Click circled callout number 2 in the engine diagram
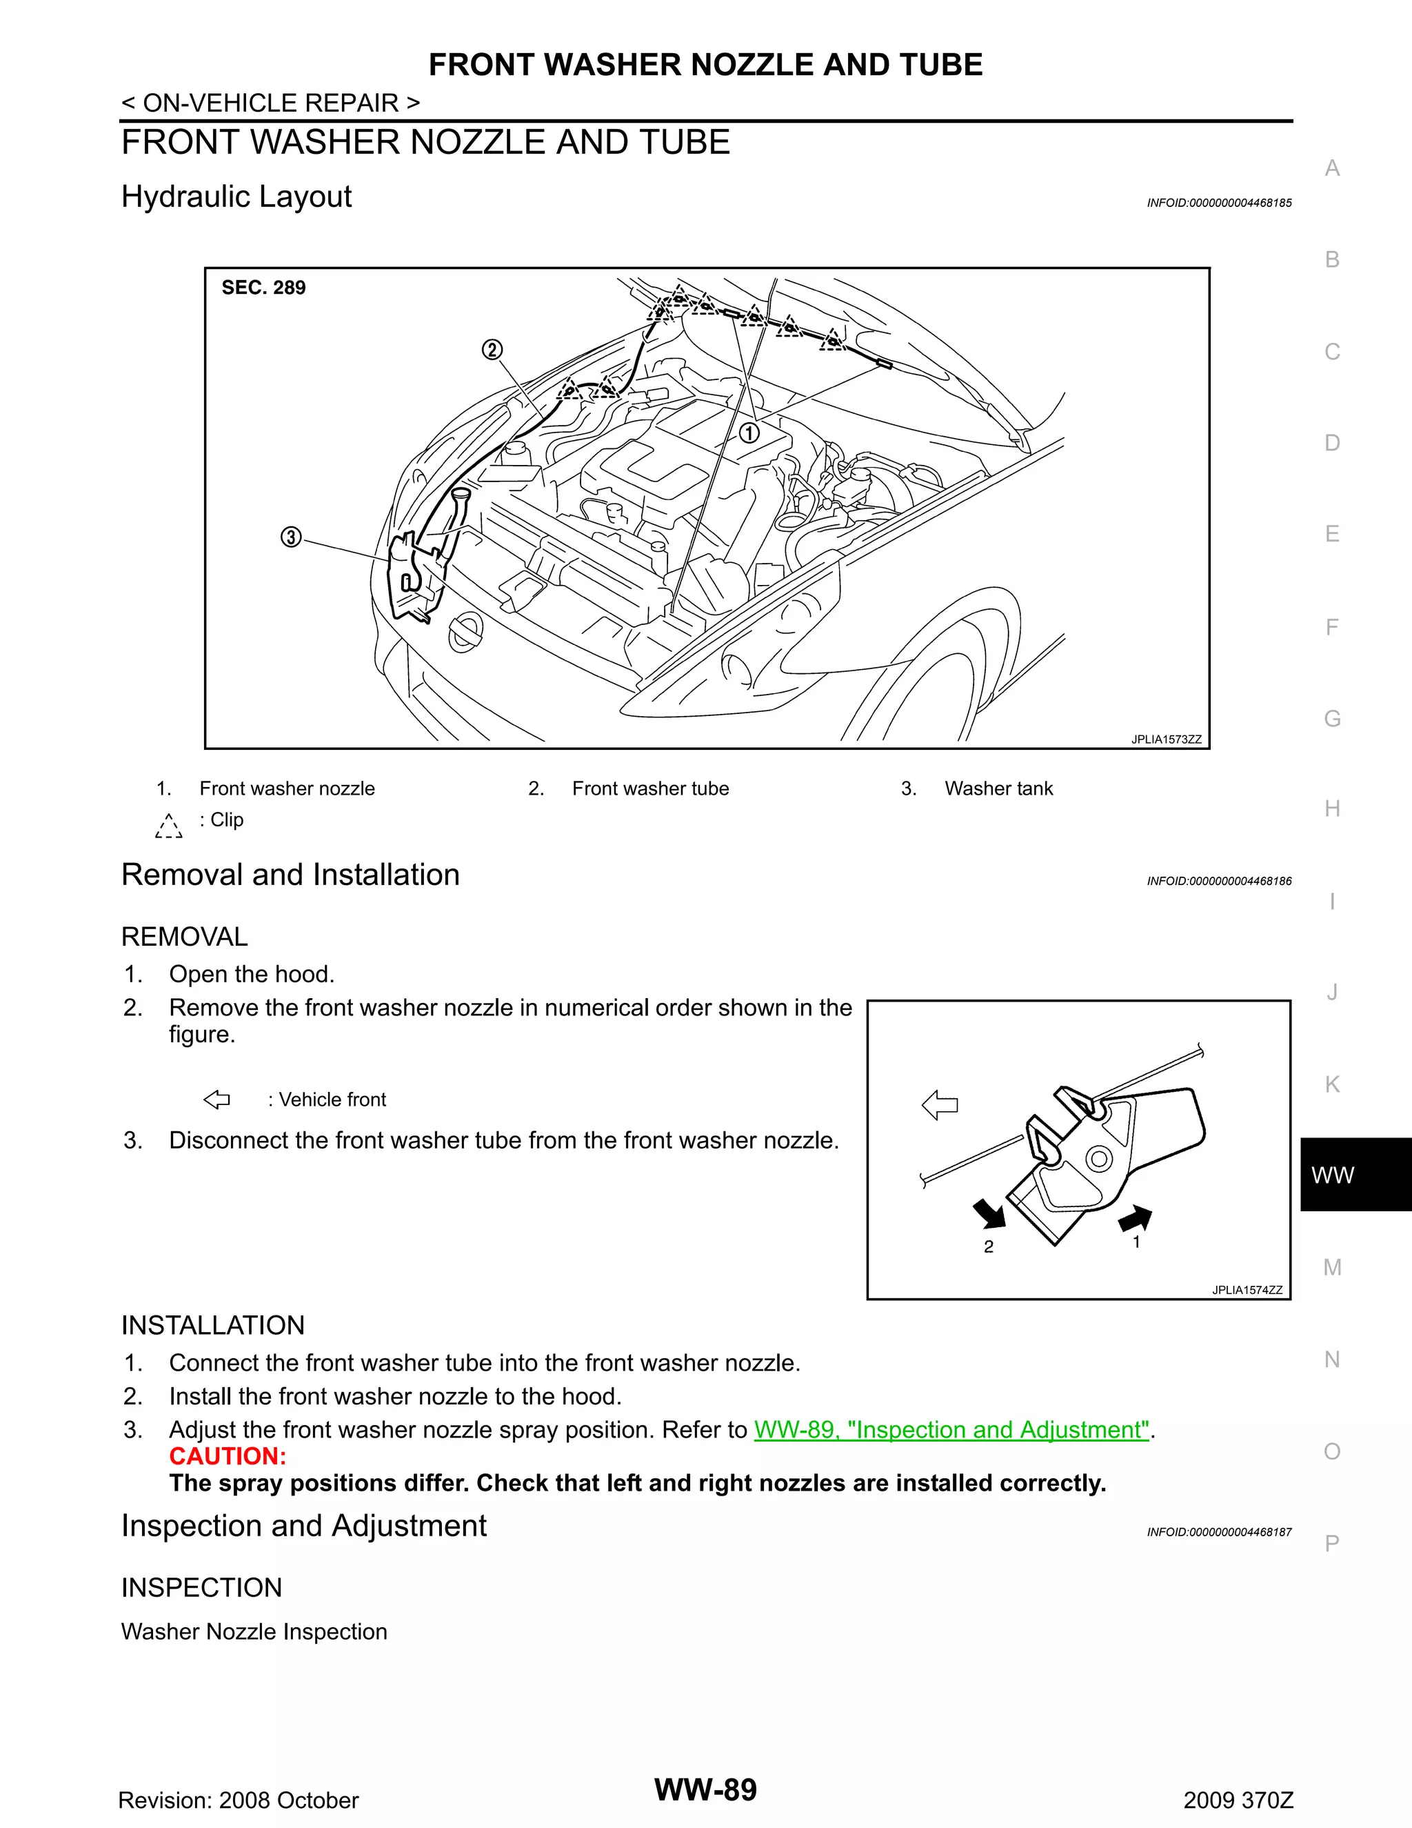point(492,350)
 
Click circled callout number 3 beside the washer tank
point(290,537)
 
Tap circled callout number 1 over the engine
point(749,433)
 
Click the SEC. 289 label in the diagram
point(263,288)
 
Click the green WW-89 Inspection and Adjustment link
point(951,1429)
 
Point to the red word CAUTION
point(228,1456)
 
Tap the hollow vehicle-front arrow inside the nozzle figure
point(940,1105)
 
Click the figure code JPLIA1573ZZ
point(1165,739)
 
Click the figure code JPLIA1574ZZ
point(1247,1290)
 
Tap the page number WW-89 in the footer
point(705,1789)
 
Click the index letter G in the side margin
point(1332,718)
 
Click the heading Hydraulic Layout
point(236,197)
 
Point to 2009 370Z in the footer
point(1238,1800)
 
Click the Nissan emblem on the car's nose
point(465,633)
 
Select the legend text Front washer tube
point(650,788)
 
